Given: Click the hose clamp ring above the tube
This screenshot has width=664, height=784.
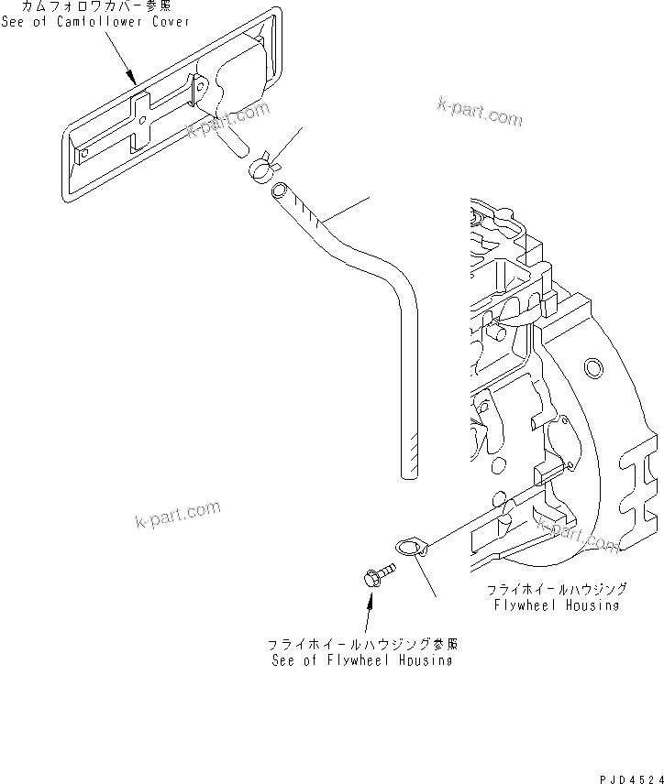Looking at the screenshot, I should tap(262, 166).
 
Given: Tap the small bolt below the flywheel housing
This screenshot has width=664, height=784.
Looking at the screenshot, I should tap(374, 577).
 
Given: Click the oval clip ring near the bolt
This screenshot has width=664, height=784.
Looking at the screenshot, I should tap(410, 548).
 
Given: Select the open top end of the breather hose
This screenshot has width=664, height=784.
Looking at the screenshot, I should tap(279, 191).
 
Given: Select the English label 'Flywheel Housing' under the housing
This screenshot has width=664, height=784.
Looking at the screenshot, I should tap(556, 605).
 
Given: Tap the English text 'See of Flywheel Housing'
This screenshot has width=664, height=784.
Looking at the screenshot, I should tap(361, 660).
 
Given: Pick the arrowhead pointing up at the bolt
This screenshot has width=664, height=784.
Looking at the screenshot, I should tap(371, 599).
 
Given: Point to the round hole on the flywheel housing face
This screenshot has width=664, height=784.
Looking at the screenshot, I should tap(593, 368).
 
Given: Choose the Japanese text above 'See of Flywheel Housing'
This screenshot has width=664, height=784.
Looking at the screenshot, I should tap(362, 644).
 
